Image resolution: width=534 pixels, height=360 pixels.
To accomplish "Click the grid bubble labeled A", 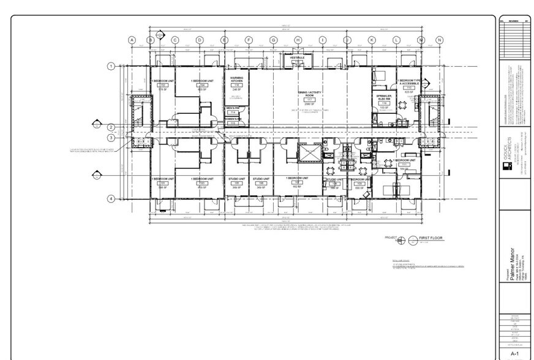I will pos(131,40).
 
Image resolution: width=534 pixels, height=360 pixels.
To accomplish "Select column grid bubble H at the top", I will pos(298,40).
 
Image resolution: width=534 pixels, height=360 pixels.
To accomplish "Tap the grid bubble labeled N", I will pos(439,40).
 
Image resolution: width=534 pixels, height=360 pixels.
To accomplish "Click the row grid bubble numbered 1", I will pos(111,66).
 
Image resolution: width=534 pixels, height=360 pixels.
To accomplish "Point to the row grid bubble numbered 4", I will pos(111,198).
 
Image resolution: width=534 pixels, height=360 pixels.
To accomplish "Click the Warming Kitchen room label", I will pos(236,81).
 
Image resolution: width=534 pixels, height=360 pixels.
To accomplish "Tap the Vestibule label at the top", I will pos(298,58).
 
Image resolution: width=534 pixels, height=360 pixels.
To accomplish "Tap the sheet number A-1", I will pos(514,353).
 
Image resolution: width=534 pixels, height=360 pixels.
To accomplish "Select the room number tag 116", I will pos(385,103).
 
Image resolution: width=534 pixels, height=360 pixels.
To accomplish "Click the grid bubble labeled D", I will pos(199,40).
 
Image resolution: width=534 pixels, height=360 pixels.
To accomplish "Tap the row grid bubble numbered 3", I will pos(111,138).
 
